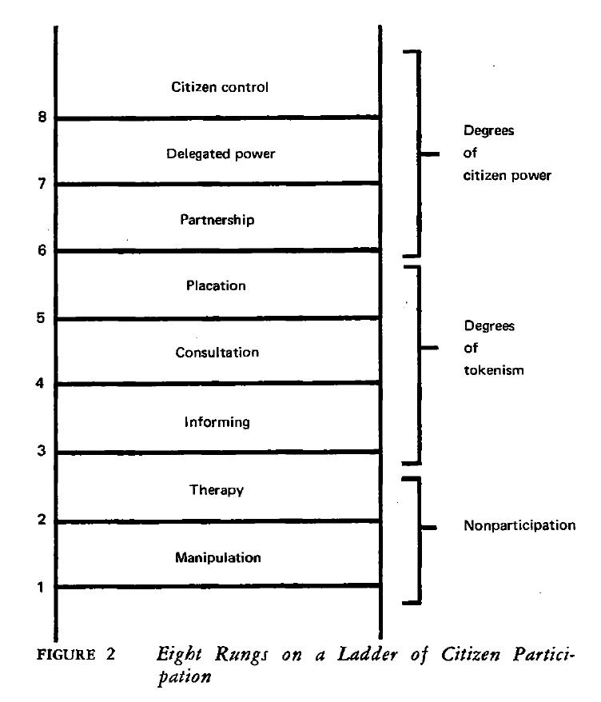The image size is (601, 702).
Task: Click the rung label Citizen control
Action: (220, 87)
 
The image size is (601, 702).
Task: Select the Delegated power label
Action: (221, 154)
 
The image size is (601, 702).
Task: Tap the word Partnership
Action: (217, 219)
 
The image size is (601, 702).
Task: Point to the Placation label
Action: (216, 285)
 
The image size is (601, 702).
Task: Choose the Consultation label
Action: (217, 353)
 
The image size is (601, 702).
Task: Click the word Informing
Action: (217, 422)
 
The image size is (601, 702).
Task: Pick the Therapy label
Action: (216, 490)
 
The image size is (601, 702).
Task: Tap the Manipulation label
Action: (218, 557)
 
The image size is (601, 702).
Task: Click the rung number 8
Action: (42, 117)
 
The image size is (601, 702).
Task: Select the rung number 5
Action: (41, 318)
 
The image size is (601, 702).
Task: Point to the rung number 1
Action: (41, 587)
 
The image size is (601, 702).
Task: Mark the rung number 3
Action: (42, 450)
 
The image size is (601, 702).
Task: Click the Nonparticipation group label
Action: (519, 525)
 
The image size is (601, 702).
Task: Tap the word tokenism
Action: (494, 370)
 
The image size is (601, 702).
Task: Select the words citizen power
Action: (507, 175)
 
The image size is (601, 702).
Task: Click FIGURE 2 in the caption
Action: (76, 655)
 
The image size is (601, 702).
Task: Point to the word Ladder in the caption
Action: (368, 654)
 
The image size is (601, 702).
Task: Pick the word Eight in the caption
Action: (180, 655)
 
